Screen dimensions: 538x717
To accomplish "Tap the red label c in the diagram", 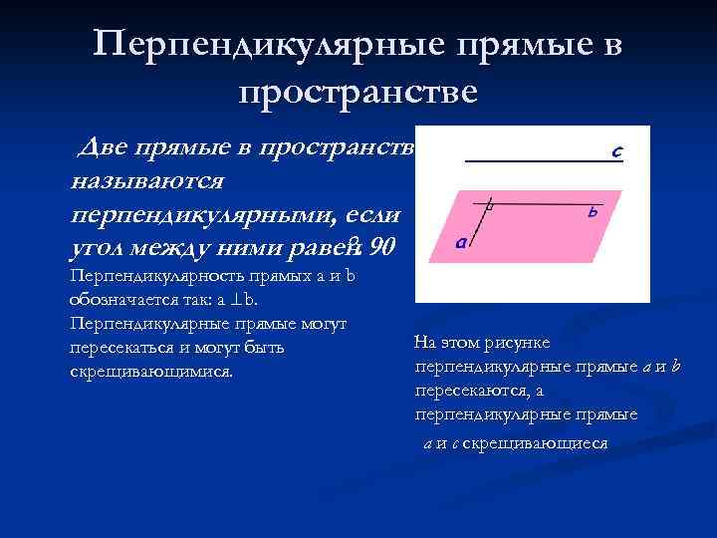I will tap(617, 152).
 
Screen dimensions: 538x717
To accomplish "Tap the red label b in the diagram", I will tap(592, 212).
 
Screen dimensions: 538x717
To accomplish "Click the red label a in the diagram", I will tap(460, 241).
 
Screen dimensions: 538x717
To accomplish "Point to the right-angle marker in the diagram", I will tap(489, 206).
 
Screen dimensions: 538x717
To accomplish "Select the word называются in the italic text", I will tap(148, 182).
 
